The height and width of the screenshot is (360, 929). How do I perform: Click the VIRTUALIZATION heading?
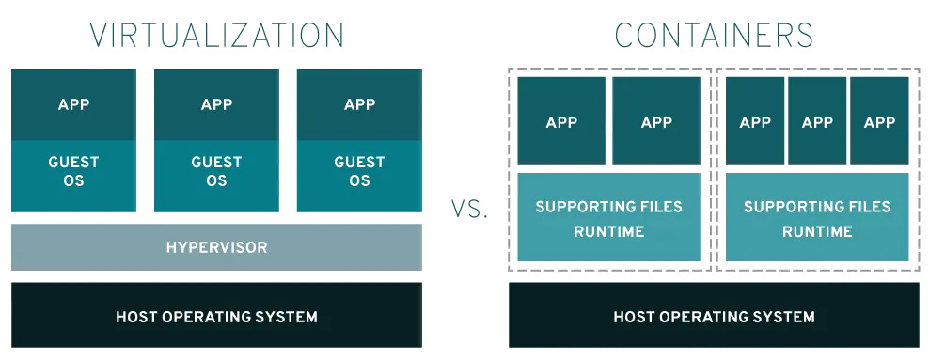click(x=216, y=35)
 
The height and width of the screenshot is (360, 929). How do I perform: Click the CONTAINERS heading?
click(x=714, y=35)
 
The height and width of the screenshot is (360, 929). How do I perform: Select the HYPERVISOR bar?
click(x=216, y=247)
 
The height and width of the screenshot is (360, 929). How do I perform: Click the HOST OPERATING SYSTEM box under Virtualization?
click(x=216, y=316)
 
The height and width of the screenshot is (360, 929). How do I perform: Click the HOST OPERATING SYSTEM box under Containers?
click(x=714, y=316)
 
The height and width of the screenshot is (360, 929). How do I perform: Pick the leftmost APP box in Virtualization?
click(x=73, y=104)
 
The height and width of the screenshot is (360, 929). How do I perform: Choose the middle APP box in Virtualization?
click(x=216, y=104)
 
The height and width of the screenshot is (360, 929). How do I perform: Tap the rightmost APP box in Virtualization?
click(x=359, y=104)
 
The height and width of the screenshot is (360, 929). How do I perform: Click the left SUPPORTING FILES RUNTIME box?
click(x=608, y=217)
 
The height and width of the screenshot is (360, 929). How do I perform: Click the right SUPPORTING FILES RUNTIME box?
click(x=817, y=217)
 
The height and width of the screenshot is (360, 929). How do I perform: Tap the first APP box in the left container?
click(x=561, y=121)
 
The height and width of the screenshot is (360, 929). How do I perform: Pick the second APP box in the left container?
click(x=656, y=121)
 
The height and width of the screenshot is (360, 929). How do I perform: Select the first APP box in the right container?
click(x=755, y=121)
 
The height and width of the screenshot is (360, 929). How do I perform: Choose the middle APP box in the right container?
click(x=817, y=121)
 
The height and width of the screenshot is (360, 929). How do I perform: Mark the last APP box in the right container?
click(x=879, y=121)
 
